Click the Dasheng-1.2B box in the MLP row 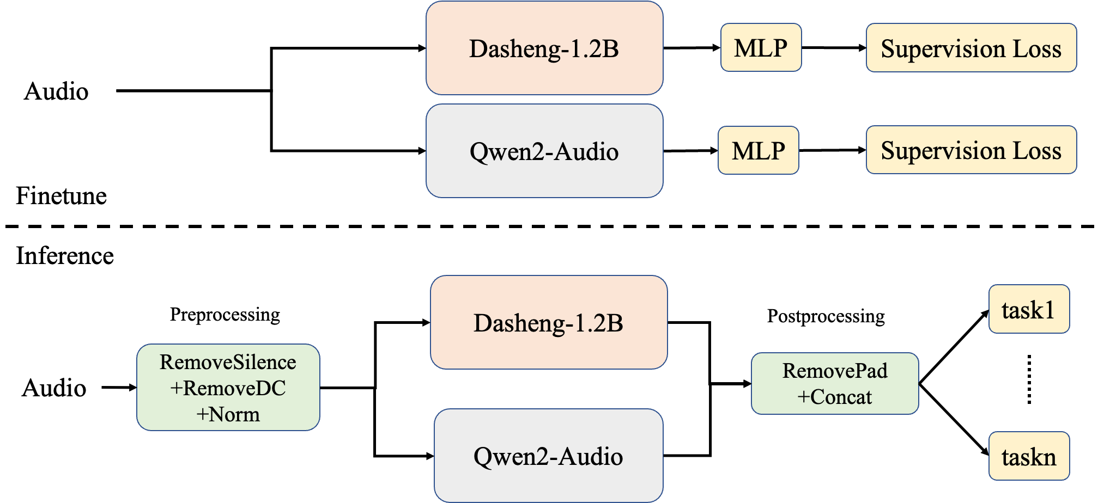pos(544,48)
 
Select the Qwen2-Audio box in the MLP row pos(544,151)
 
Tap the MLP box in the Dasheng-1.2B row pos(761,48)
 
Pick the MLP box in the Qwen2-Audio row pos(758,151)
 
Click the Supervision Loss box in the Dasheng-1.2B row pos(971,48)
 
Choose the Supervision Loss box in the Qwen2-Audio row pos(971,150)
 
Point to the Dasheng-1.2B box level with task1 pos(549,322)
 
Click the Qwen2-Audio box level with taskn pos(549,456)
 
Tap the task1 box pos(1029,309)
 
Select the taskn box pos(1029,456)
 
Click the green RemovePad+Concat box pos(835,384)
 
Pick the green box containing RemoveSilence pos(228,388)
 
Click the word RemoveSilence pos(228,363)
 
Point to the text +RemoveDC pos(228,388)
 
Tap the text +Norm pos(228,414)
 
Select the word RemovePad pos(835,371)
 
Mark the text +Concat pos(835,397)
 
